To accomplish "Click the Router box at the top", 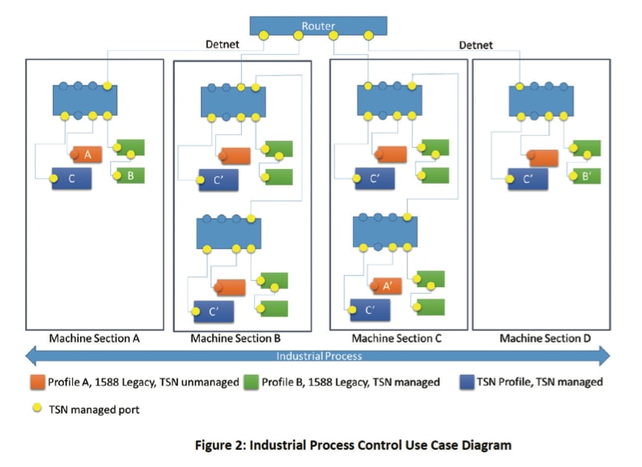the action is [x=318, y=26].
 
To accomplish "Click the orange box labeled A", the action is [x=87, y=155].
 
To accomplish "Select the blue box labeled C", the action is [x=72, y=178].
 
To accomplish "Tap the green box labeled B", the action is [x=130, y=176].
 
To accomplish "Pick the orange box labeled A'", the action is [x=387, y=286].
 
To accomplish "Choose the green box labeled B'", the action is [x=586, y=176].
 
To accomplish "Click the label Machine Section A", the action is [x=94, y=338].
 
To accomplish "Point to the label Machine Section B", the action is [x=236, y=338].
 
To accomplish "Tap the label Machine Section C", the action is [x=397, y=338].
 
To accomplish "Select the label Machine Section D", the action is [x=545, y=338].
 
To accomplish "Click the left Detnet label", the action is [x=223, y=45].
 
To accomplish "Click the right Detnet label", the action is [x=476, y=45].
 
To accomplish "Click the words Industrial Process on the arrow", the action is [x=319, y=356].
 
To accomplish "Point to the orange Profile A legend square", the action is [x=38, y=382].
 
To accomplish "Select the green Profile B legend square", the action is [x=251, y=382].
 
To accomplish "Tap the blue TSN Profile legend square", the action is [x=467, y=382].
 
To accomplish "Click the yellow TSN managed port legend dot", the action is [x=37, y=408].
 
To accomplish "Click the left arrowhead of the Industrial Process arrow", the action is [x=31, y=355].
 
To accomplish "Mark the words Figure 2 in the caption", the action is [x=219, y=445].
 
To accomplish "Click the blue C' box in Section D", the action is [x=528, y=179].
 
